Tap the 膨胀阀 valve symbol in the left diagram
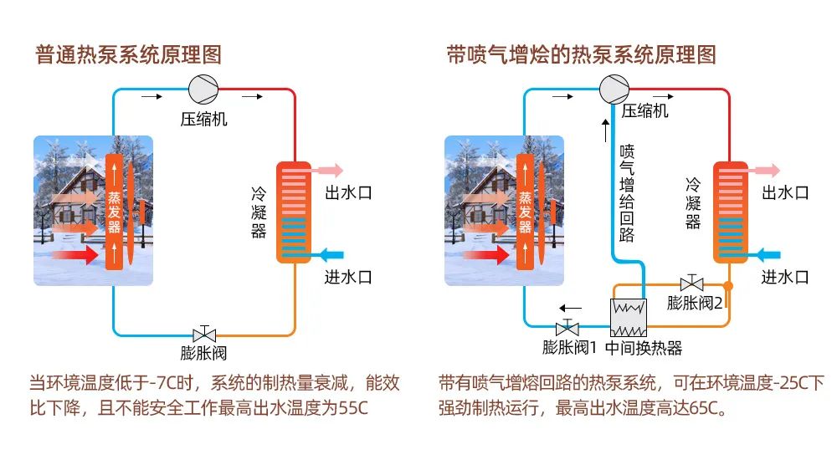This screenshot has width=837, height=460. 203,334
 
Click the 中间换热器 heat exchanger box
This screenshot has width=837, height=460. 629,316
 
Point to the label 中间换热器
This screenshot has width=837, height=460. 644,348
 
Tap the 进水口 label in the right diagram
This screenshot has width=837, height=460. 785,277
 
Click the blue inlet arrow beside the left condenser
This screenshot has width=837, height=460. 330,253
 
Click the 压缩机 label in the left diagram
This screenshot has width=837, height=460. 204,119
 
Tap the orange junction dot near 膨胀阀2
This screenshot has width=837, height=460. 729,286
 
